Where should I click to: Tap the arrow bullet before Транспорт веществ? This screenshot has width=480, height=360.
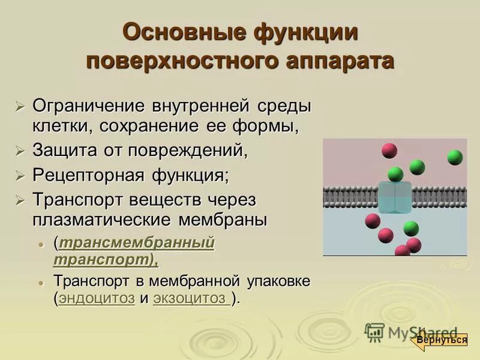(x=20, y=200)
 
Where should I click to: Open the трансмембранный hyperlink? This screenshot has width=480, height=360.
(x=136, y=244)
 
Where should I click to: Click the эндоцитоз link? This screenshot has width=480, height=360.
(x=97, y=298)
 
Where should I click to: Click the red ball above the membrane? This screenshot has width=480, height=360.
(x=389, y=150)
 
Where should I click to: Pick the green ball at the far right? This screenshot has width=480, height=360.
(x=455, y=157)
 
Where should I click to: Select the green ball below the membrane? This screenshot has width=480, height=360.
(x=411, y=228)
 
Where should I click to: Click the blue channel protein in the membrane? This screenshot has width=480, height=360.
(x=395, y=197)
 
